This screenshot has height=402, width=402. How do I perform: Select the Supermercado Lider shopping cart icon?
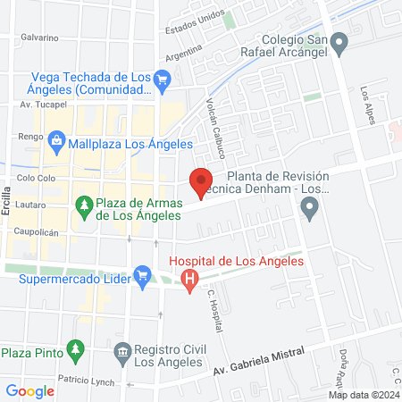[x=141, y=275]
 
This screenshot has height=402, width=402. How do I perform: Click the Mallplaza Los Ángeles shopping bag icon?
[x=57, y=140]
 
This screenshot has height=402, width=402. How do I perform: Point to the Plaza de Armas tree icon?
[x=85, y=205]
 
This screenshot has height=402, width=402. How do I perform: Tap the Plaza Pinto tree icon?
[x=76, y=348]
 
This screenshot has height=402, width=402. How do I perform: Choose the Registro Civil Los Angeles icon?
[x=122, y=352]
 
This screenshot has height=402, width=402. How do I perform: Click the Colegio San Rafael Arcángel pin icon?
[x=339, y=41]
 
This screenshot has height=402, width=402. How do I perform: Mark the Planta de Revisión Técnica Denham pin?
[x=310, y=211]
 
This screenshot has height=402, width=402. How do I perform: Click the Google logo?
[x=30, y=390]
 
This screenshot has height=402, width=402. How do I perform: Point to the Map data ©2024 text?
[x=363, y=395]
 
